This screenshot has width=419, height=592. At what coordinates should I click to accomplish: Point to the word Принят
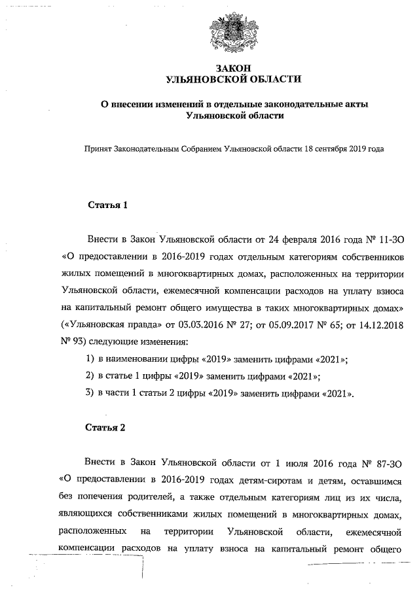[x=96, y=148]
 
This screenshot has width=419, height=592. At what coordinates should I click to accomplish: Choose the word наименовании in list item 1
[x=136, y=358]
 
